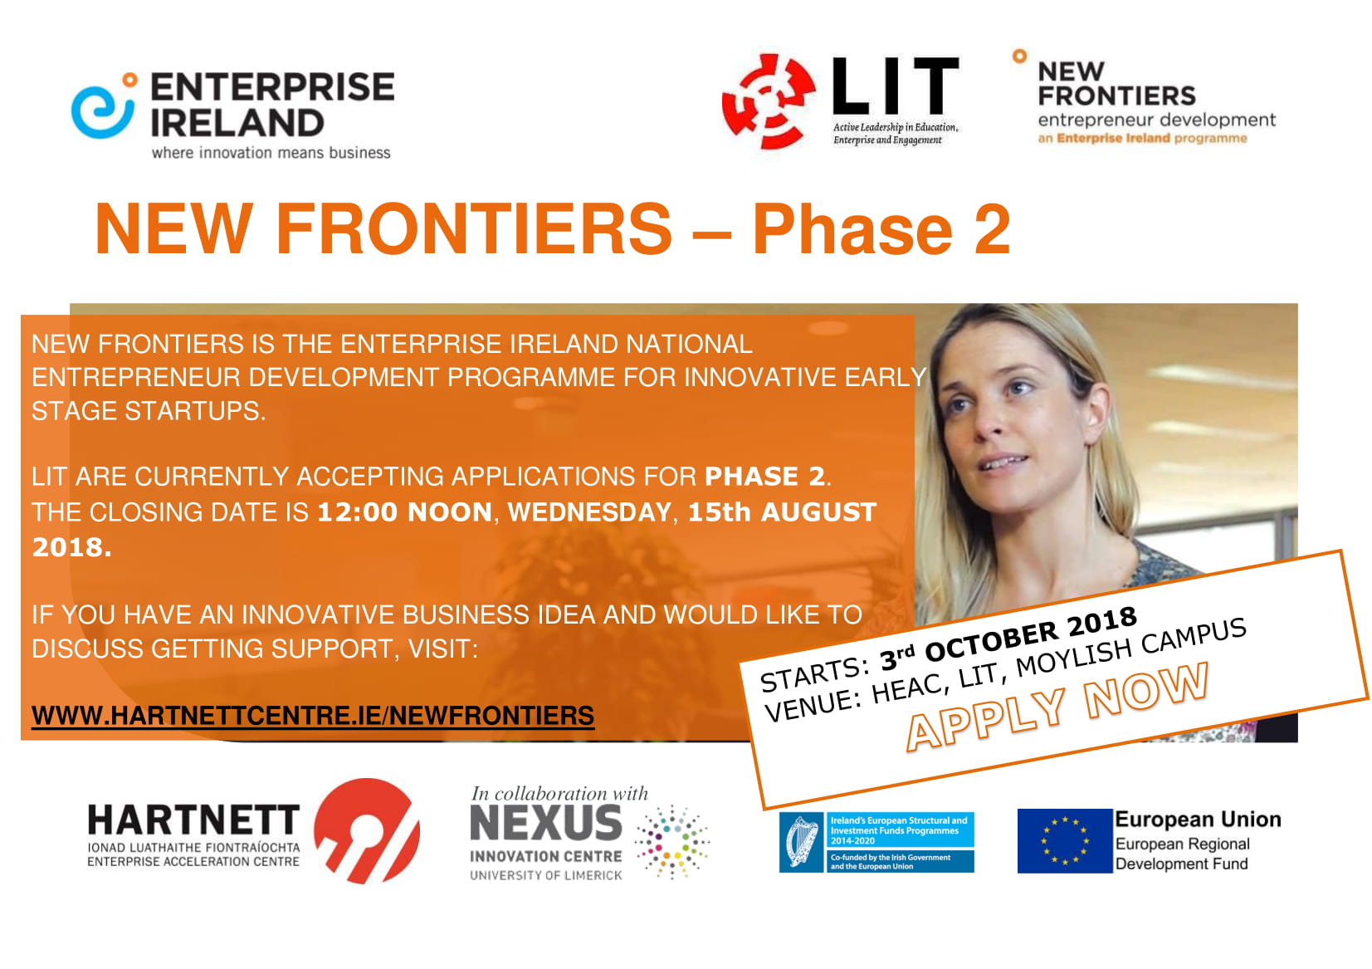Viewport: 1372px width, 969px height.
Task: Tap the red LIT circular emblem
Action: [769, 102]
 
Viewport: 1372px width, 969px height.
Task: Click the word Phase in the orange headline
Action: [852, 229]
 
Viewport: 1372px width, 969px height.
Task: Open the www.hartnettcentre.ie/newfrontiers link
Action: [312, 715]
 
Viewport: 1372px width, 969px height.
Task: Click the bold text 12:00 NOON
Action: [404, 511]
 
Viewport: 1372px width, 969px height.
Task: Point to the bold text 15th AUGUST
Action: [782, 511]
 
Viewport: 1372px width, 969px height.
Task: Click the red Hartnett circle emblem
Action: [367, 831]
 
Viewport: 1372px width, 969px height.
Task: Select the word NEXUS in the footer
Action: [546, 823]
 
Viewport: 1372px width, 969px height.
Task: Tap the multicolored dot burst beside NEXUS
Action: [672, 842]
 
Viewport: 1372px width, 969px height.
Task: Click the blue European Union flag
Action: [1065, 840]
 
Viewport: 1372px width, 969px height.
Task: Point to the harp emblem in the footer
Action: [801, 841]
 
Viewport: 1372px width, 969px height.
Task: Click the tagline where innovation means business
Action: [271, 153]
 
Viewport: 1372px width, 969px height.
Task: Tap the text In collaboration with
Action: [559, 793]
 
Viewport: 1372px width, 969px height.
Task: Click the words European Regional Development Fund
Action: [1181, 854]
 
